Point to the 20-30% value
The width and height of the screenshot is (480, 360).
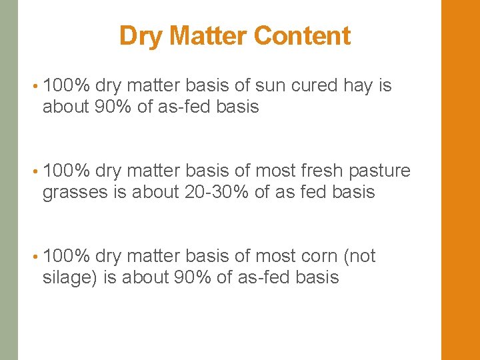coord(213,193)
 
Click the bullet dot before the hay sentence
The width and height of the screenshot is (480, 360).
coord(34,87)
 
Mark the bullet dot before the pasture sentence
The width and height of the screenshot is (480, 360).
coord(34,172)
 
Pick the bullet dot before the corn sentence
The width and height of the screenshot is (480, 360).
coord(34,257)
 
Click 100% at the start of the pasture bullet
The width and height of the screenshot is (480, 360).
coord(66,171)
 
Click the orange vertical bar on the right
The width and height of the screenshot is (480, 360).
coord(461,180)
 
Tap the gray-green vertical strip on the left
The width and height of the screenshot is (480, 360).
coord(9,180)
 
